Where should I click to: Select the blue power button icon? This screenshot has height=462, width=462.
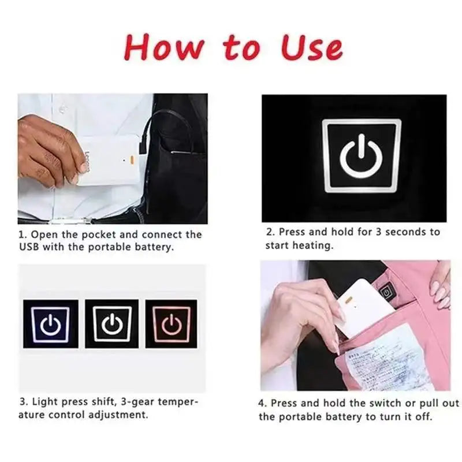pos(51,324)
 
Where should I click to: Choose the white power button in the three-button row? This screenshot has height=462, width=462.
pos(112,324)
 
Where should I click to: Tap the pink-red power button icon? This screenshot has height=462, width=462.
pos(172,324)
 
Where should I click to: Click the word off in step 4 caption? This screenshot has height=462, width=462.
pos(423,416)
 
